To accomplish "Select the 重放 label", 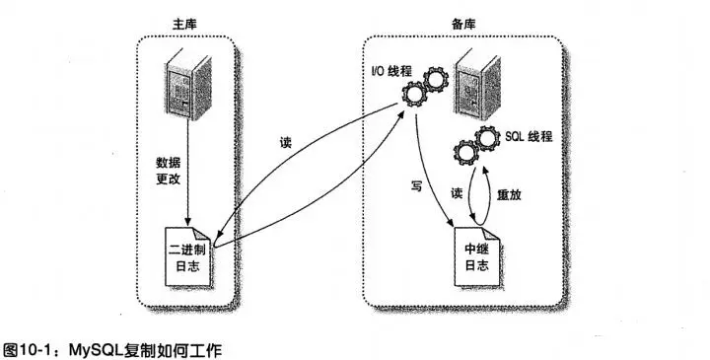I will pyautogui.click(x=510, y=195).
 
